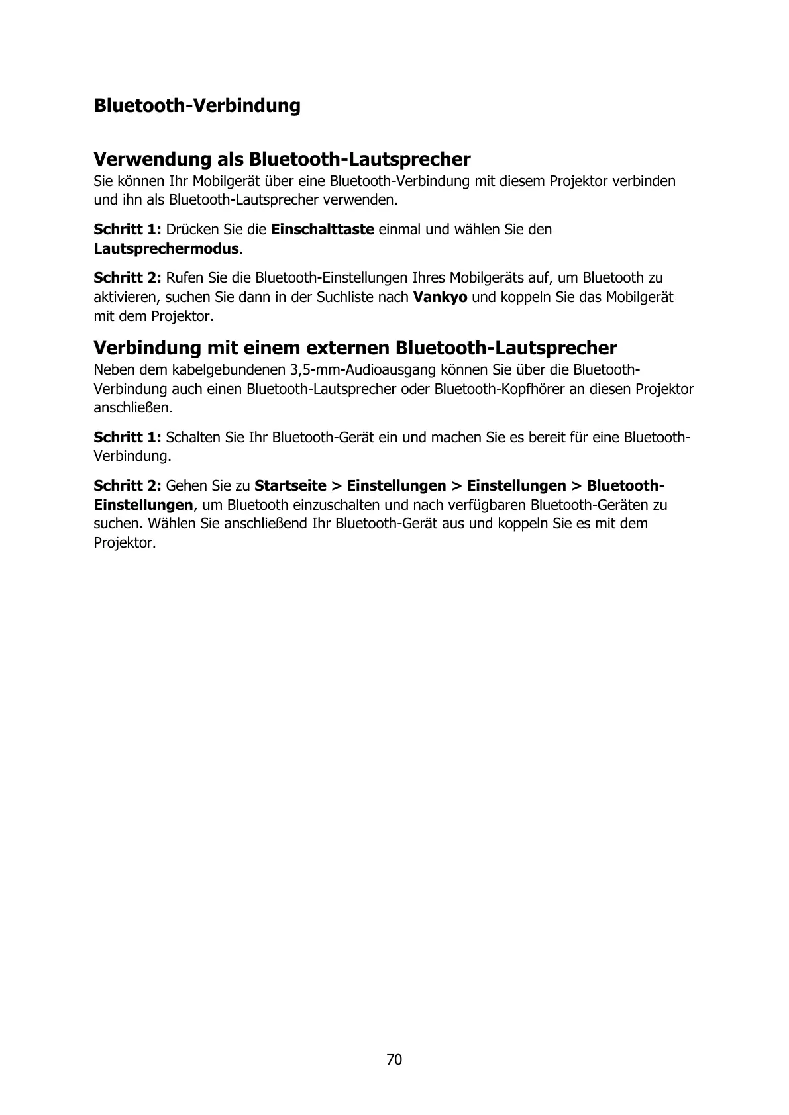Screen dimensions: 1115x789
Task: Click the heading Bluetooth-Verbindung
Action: pyautogui.click(x=197, y=106)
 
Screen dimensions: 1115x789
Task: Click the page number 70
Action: pyautogui.click(x=394, y=1059)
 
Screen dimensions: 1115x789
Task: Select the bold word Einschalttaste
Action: pyautogui.click(x=323, y=230)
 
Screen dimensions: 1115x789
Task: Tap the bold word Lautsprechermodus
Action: pyautogui.click(x=166, y=249)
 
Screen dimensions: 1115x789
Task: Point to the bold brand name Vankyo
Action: pyautogui.click(x=440, y=297)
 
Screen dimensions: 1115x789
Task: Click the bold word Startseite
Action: pyautogui.click(x=290, y=485)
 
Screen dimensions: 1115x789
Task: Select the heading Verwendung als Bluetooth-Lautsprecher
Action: pyautogui.click(x=282, y=160)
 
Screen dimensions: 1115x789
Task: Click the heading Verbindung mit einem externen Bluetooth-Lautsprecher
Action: pyautogui.click(x=355, y=348)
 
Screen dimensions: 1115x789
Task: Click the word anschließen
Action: pyautogui.click(x=132, y=407)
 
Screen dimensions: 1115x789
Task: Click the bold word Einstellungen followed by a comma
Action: pyautogui.click(x=143, y=505)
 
